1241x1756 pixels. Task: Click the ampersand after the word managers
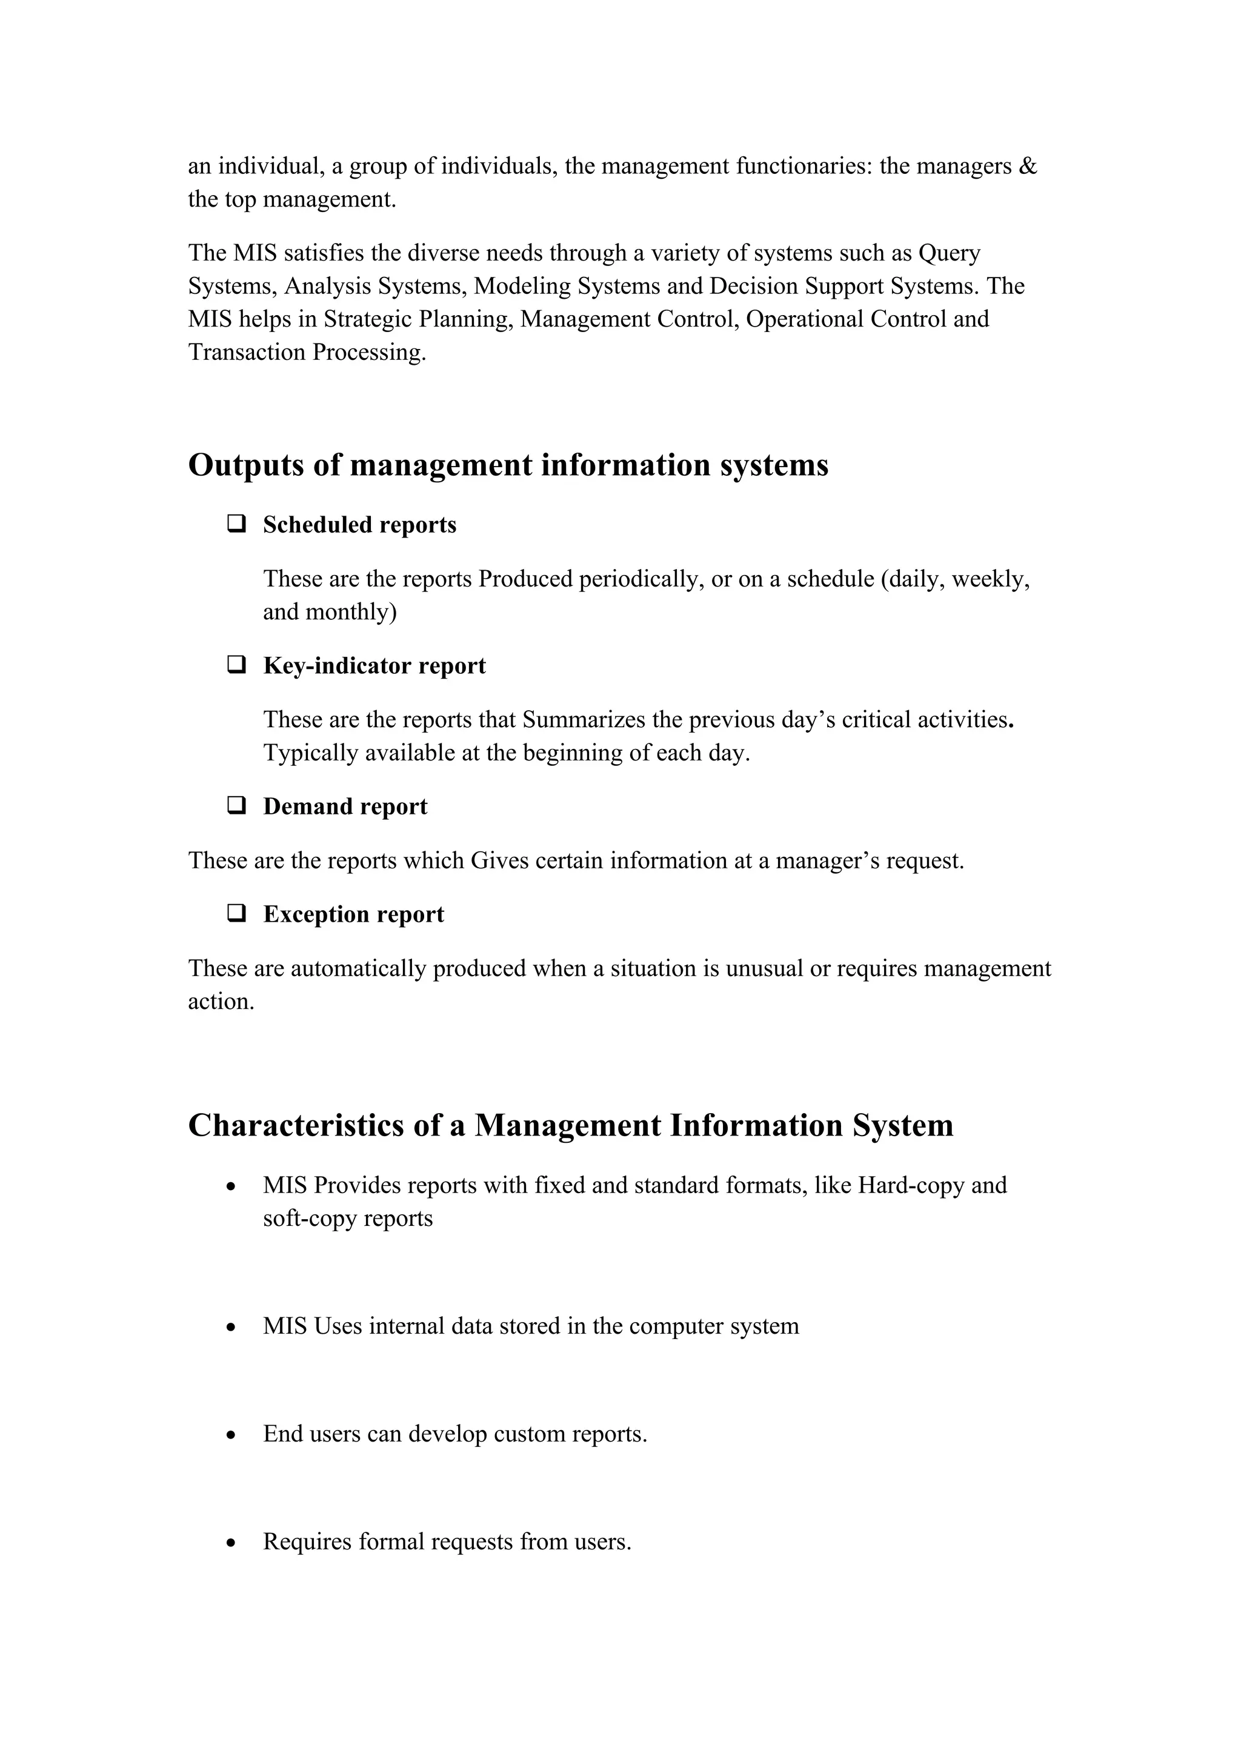(x=1028, y=167)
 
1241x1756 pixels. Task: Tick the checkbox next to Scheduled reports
(x=236, y=525)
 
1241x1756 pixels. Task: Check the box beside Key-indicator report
(x=236, y=665)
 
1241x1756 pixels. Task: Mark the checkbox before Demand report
(x=236, y=806)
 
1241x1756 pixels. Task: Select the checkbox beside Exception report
(x=236, y=914)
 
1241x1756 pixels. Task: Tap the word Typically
(x=310, y=753)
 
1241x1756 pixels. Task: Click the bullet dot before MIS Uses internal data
(x=231, y=1327)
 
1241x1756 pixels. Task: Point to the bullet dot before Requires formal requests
(x=231, y=1543)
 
